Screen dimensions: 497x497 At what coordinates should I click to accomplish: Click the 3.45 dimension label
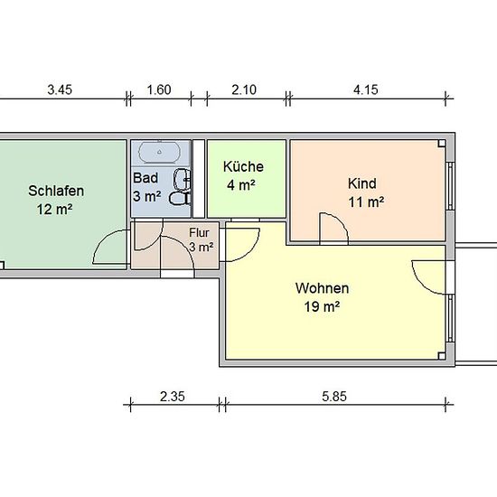point(60,89)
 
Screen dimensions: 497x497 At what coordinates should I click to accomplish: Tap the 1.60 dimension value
point(159,89)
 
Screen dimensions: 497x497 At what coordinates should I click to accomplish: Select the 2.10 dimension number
point(244,89)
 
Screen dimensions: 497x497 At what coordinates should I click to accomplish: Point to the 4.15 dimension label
point(366,89)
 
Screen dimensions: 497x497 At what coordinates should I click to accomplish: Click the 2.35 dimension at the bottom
point(172,397)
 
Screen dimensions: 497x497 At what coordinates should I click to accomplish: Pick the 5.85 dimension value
point(334,397)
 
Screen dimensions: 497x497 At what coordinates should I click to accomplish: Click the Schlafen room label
point(56,191)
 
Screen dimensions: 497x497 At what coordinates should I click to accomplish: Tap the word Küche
point(243,167)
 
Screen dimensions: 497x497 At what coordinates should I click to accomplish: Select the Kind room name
point(362,183)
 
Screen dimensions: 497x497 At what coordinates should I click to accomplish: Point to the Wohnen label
point(322,288)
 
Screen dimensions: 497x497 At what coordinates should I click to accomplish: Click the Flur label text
point(199,232)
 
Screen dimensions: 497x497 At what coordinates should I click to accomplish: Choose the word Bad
point(145,178)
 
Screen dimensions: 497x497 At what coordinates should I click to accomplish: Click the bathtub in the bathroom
point(160,153)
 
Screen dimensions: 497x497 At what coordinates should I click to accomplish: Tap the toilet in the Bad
point(180,198)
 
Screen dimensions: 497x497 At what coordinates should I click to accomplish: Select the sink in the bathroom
point(182,180)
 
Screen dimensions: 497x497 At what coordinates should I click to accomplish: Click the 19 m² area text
point(322,306)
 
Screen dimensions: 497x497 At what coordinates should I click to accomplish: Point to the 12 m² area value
point(54,210)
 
